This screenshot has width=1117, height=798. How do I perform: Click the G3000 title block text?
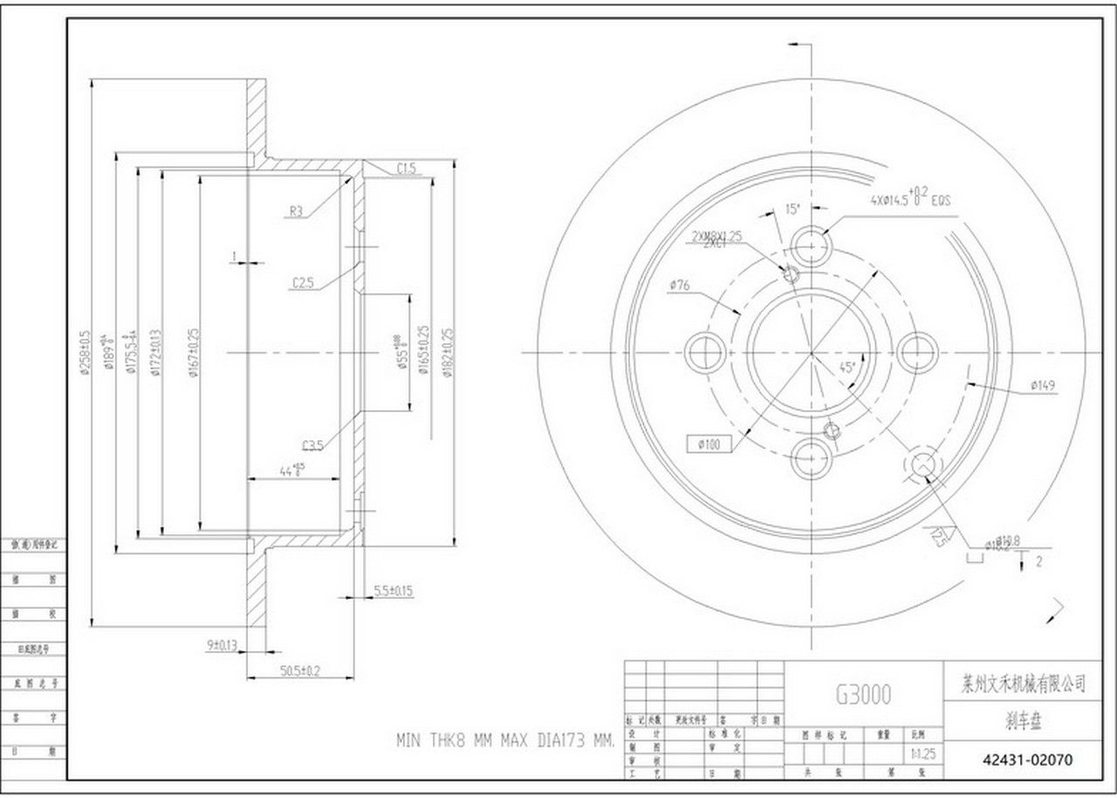coord(864,694)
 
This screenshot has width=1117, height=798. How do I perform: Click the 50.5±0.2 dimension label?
coord(300,671)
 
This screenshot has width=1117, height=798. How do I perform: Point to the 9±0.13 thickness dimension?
coord(222,645)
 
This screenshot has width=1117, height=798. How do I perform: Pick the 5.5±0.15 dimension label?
coord(393,591)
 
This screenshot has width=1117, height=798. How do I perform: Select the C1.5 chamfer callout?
coord(406,169)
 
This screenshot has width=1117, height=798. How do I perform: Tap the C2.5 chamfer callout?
coord(303,283)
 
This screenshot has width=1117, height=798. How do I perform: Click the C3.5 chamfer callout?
coord(313,445)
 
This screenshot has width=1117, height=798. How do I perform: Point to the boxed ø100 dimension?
coord(709,444)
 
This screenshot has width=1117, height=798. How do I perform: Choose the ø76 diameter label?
coord(681,285)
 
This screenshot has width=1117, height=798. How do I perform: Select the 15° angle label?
coord(792,209)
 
